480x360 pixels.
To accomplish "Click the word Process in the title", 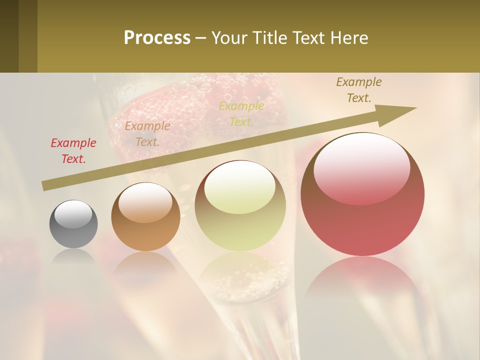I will coord(157,38).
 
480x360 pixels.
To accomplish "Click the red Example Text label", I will coord(73,151).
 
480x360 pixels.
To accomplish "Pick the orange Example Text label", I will coord(147,134).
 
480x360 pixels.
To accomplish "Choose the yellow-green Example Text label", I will coord(241,113).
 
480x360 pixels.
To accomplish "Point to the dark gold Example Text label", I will coord(359,90).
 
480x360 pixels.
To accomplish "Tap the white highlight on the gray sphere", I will coord(73,213).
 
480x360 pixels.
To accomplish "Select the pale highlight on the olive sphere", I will coord(240,186).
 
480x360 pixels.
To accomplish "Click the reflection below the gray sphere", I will coord(73,257).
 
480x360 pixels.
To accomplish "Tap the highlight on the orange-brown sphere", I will coord(145,202).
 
